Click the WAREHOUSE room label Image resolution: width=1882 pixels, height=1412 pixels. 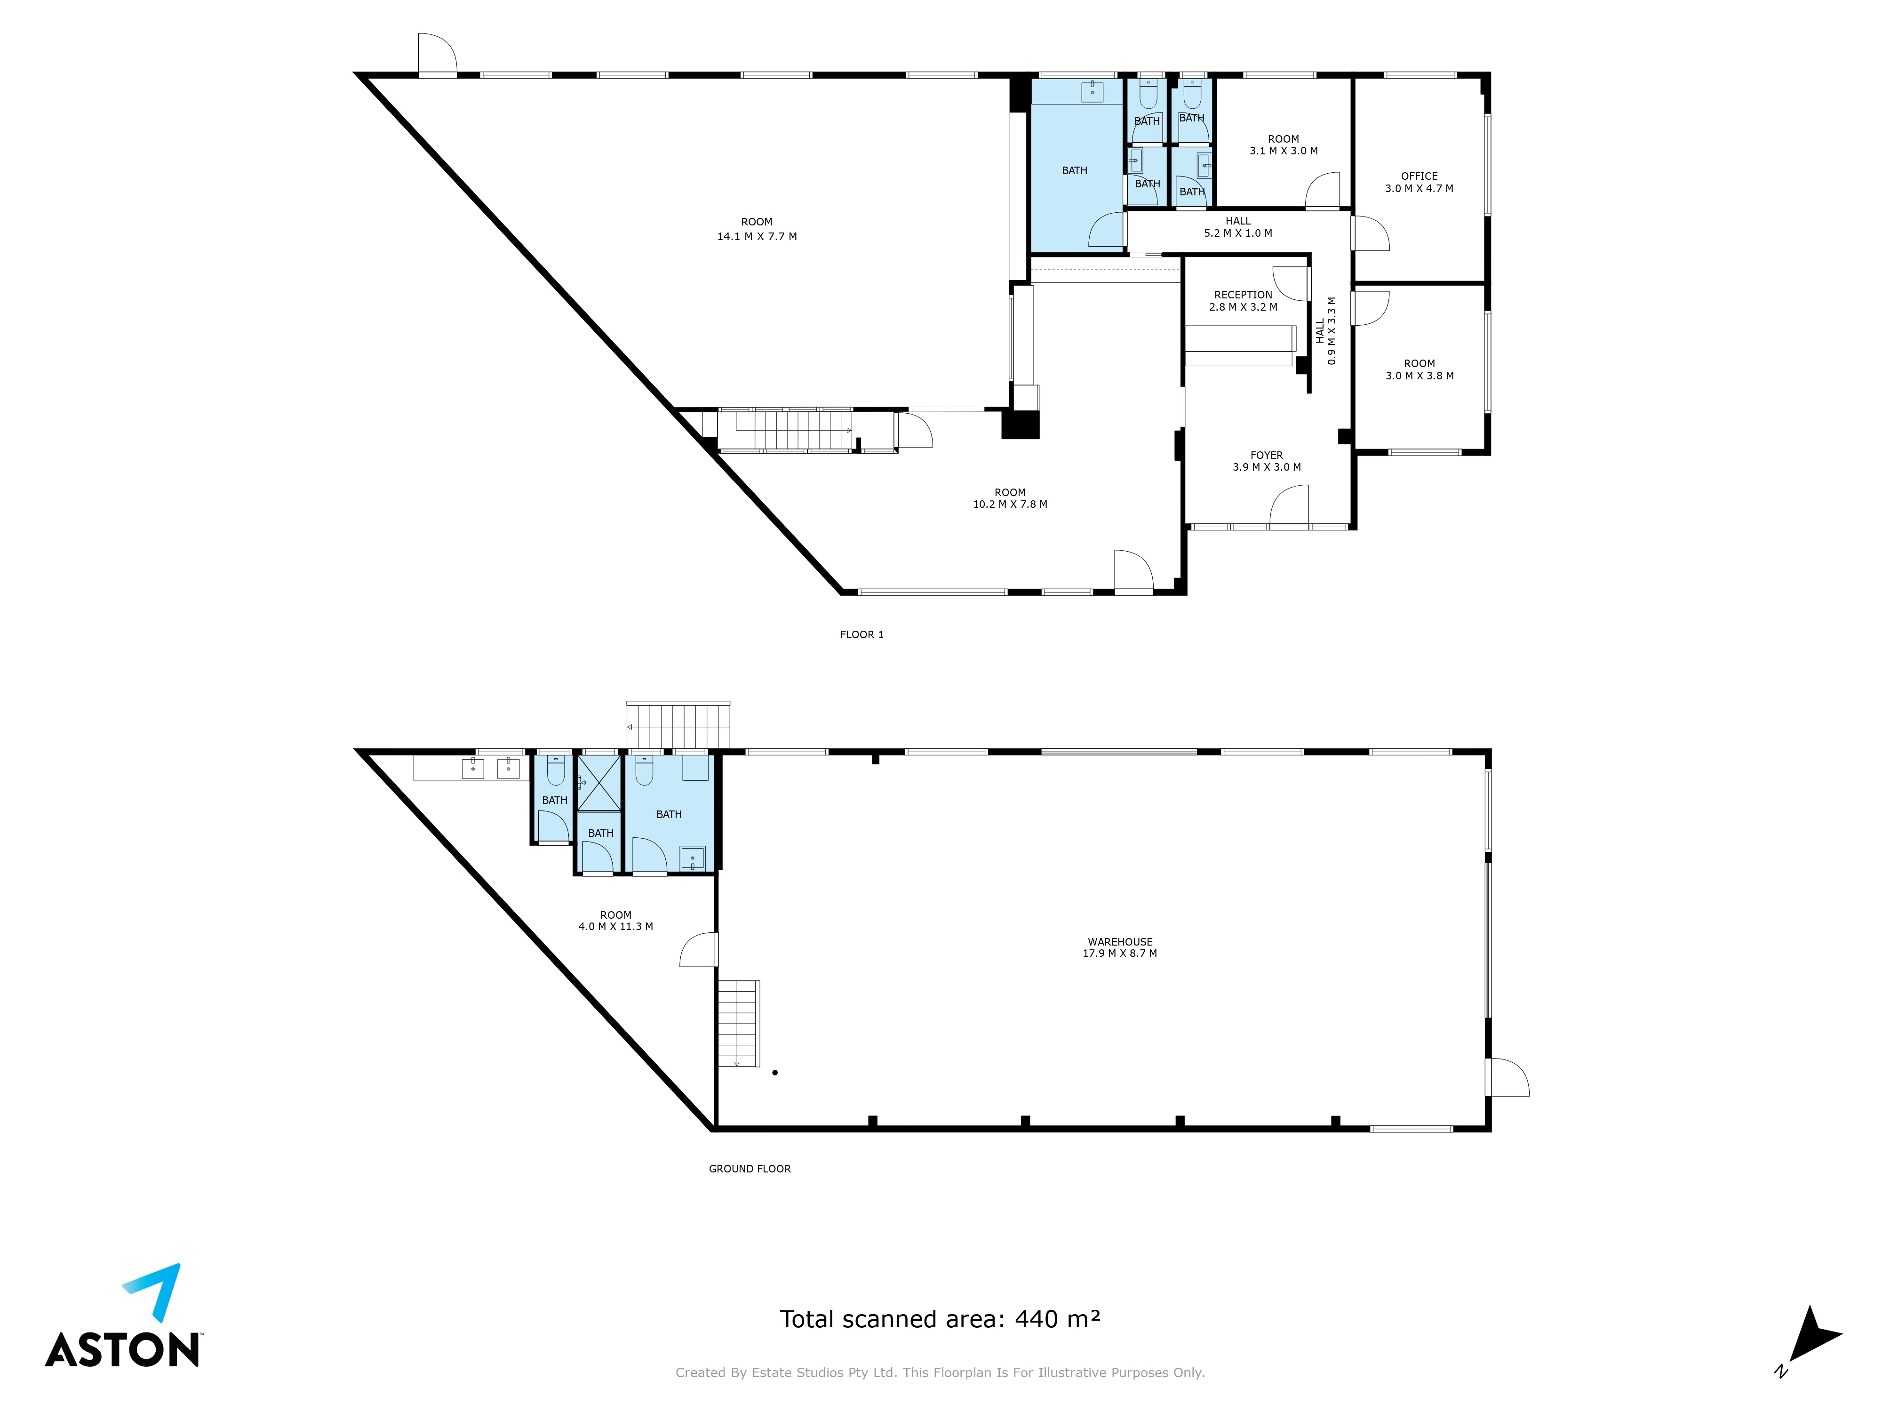pyautogui.click(x=1120, y=941)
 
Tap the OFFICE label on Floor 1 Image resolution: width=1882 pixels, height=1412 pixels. pyautogui.click(x=1419, y=176)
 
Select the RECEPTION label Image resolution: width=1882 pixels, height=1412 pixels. pyautogui.click(x=1243, y=295)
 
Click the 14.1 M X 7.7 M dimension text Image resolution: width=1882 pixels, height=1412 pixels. pyautogui.click(x=757, y=237)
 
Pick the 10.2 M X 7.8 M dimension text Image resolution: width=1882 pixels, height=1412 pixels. pyautogui.click(x=1010, y=504)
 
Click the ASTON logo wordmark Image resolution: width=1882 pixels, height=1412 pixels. pyautogui.click(x=122, y=1350)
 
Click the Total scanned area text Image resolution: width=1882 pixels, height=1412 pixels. pyautogui.click(x=940, y=1319)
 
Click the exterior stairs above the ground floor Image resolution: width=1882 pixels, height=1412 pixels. pyautogui.click(x=678, y=725)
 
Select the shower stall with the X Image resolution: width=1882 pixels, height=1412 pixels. pyautogui.click(x=599, y=782)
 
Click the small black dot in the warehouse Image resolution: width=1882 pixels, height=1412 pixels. pyautogui.click(x=775, y=1072)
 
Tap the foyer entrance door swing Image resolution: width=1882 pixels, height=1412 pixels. pyautogui.click(x=1289, y=505)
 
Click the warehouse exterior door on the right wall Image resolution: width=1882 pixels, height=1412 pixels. pyautogui.click(x=1507, y=1077)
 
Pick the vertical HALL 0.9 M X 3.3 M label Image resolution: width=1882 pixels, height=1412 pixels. pyautogui.click(x=1325, y=330)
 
